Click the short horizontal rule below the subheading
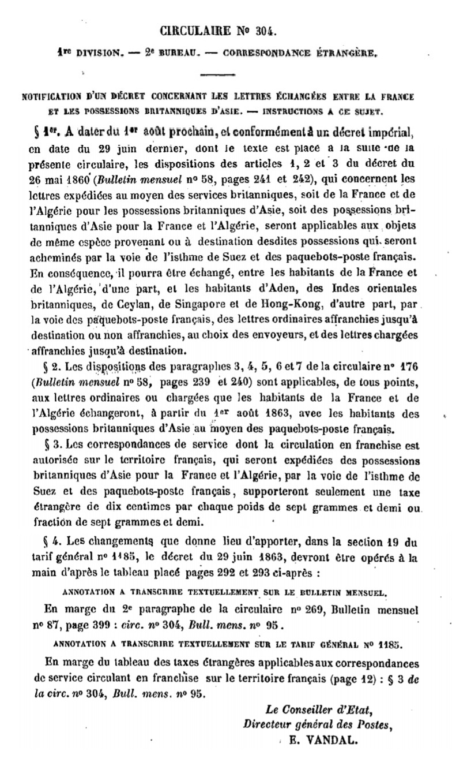click(x=225, y=75)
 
